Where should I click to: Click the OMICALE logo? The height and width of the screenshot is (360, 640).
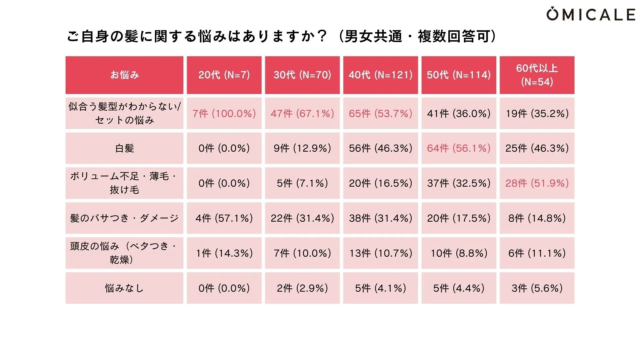[x=590, y=14]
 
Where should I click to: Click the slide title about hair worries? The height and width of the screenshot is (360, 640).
[x=282, y=36]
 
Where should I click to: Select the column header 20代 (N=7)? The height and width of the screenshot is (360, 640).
[x=224, y=75]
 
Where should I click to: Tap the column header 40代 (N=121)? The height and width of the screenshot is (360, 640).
[x=380, y=75]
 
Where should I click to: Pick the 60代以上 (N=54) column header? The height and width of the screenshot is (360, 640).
[x=537, y=75]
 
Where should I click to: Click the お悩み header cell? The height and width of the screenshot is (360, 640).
[x=124, y=75]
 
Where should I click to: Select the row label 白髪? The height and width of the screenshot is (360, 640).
[x=124, y=148]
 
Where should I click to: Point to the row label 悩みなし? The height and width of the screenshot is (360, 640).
[x=124, y=288]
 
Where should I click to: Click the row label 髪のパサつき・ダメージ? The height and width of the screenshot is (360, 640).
[x=124, y=218]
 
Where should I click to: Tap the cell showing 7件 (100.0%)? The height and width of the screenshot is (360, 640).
[x=224, y=113]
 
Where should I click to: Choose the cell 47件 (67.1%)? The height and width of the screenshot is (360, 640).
[x=302, y=113]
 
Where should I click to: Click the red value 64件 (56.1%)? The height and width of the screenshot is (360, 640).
[x=459, y=148]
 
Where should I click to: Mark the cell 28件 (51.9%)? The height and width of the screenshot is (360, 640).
[x=537, y=183]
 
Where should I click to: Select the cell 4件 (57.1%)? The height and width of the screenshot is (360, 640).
[x=224, y=218]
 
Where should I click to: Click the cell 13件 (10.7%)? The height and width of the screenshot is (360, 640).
[x=380, y=253]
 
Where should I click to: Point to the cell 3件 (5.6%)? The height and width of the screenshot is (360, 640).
[x=537, y=288]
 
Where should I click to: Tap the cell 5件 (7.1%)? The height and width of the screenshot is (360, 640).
[x=302, y=183]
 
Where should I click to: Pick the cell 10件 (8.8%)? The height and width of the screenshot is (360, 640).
[x=459, y=253]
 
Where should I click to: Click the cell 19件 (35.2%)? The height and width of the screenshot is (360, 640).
[x=537, y=113]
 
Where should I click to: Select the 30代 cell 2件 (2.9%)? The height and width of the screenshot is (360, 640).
[x=302, y=288]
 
